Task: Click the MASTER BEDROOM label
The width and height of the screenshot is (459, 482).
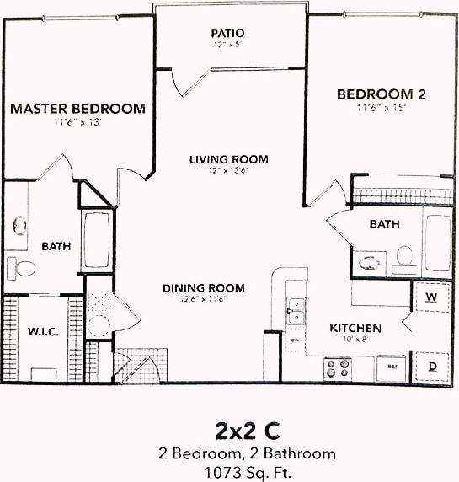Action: coord(77,109)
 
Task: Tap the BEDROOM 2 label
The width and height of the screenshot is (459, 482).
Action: coord(382,94)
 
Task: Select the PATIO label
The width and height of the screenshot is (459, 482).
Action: coord(228,34)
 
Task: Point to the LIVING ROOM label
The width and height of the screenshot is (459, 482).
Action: coord(228,159)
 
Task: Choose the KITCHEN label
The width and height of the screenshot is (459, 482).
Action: coord(355,328)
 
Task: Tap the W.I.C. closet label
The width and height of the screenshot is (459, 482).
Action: coord(42,331)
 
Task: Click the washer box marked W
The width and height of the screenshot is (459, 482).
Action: coord(430,297)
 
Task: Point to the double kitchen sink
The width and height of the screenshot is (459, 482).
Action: coord(295,311)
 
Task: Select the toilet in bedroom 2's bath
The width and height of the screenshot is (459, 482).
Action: coord(403,256)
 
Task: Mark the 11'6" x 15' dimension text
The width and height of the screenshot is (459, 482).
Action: coord(382,108)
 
